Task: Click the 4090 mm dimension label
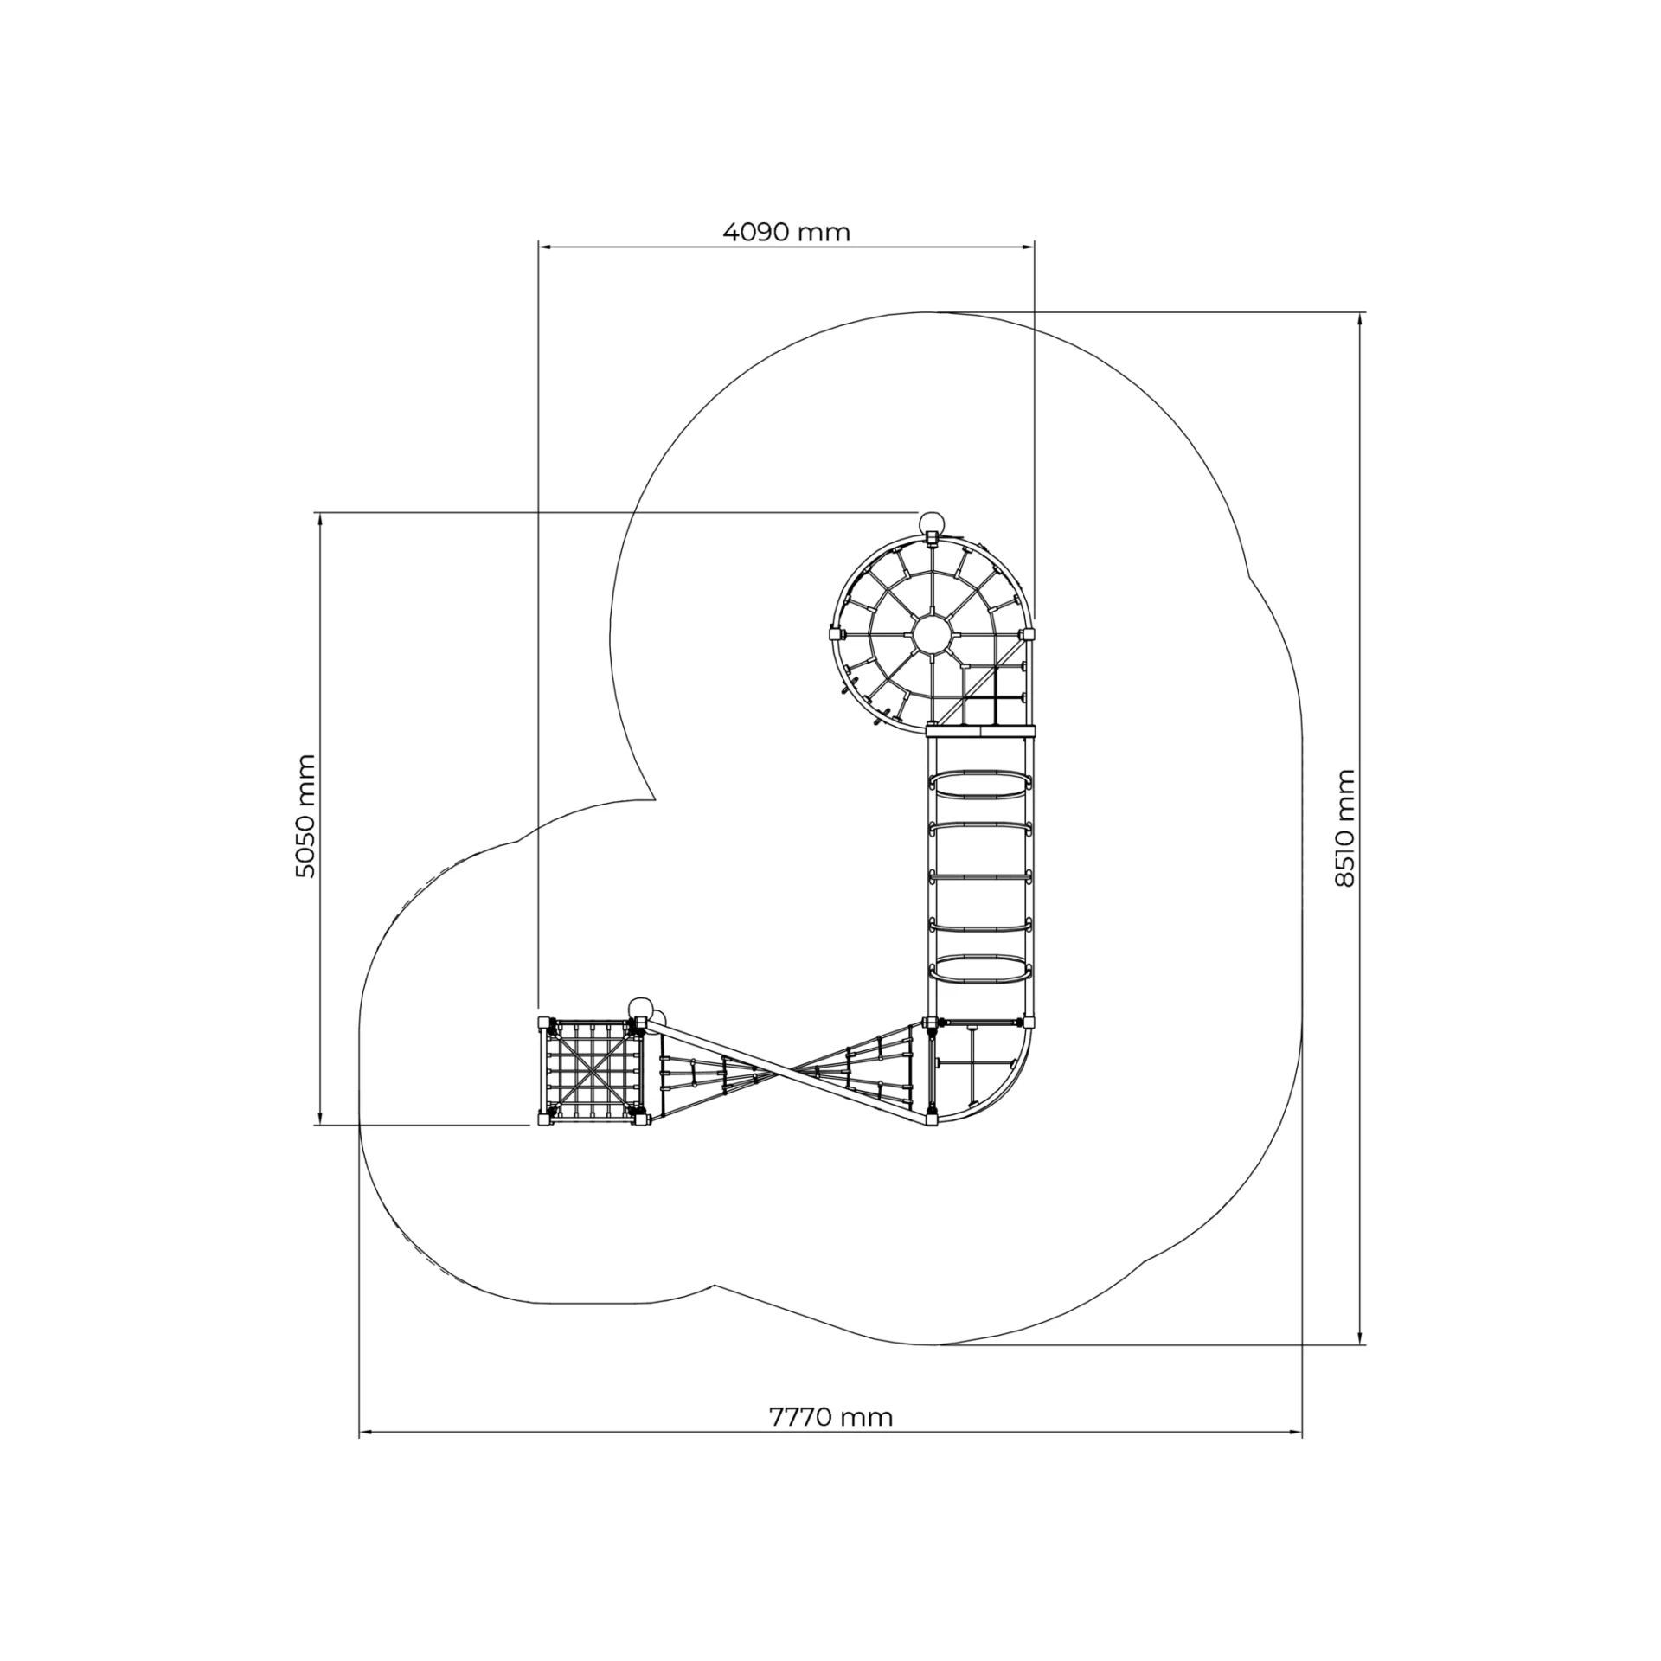pos(786,232)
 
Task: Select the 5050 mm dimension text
pos(305,817)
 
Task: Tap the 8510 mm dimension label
pos(1344,828)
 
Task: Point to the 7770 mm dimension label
pos(830,1417)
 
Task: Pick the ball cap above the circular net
pos(932,523)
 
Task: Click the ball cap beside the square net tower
pos(641,1009)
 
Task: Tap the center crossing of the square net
pos(592,1073)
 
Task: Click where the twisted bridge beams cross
pos(786,1074)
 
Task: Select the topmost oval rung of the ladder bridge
pos(981,785)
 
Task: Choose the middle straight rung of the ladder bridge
pos(981,876)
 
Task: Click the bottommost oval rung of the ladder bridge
pos(981,969)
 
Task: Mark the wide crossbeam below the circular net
pos(981,732)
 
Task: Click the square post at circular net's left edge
pos(835,630)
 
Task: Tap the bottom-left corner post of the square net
pos(543,1119)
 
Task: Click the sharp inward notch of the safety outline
pos(653,797)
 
